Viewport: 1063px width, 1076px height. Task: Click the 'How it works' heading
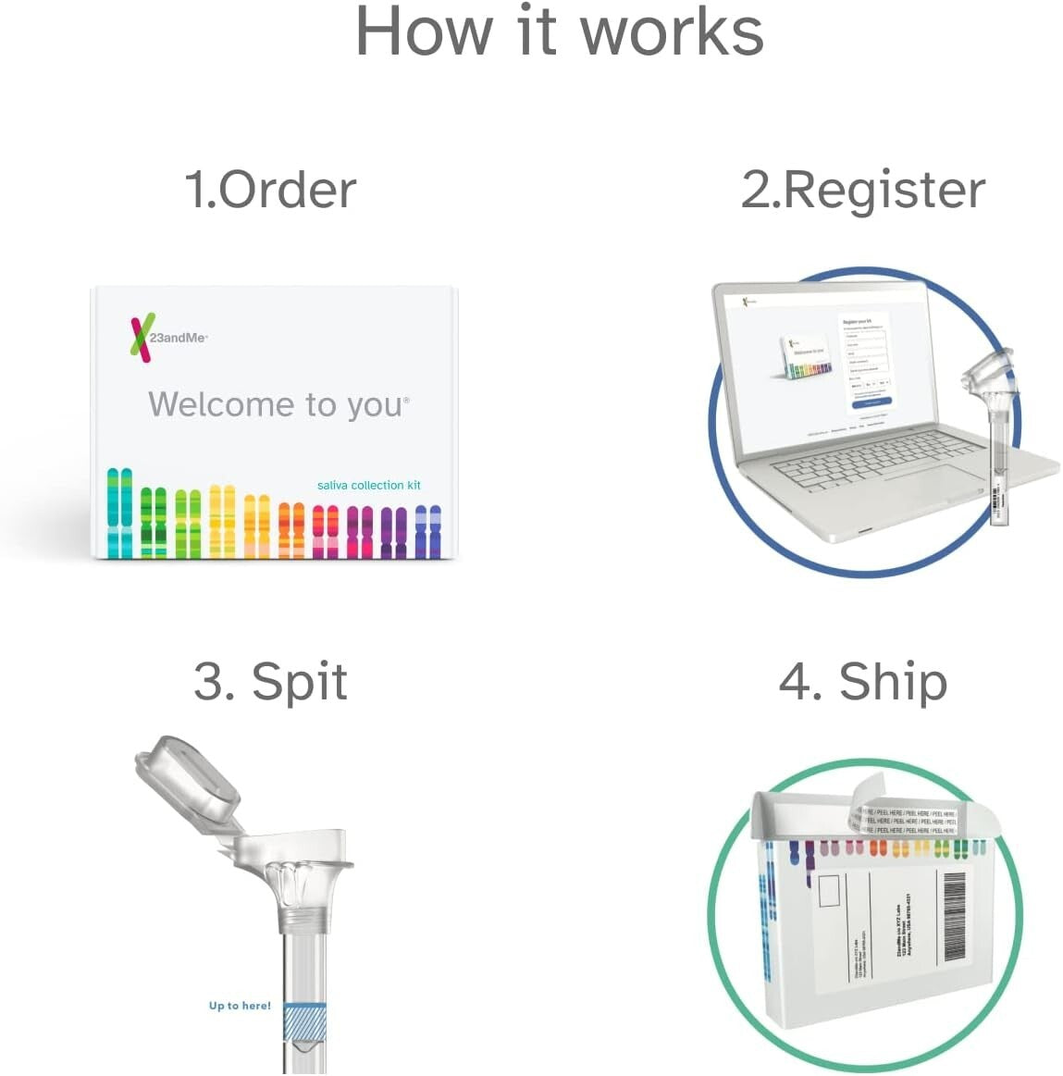pos(560,33)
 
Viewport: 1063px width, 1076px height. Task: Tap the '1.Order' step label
pos(270,190)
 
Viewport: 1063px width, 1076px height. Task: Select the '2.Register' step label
pos(862,190)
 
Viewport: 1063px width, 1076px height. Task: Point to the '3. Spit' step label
pos(270,682)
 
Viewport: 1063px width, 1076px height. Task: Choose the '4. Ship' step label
pos(862,682)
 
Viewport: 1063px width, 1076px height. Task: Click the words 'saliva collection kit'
pos(368,485)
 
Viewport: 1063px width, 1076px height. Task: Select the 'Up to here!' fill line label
pos(240,1006)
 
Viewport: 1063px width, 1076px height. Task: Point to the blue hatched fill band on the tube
pos(304,1023)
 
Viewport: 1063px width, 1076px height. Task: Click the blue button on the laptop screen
pos(871,402)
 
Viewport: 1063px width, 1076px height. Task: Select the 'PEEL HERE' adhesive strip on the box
pos(907,820)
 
